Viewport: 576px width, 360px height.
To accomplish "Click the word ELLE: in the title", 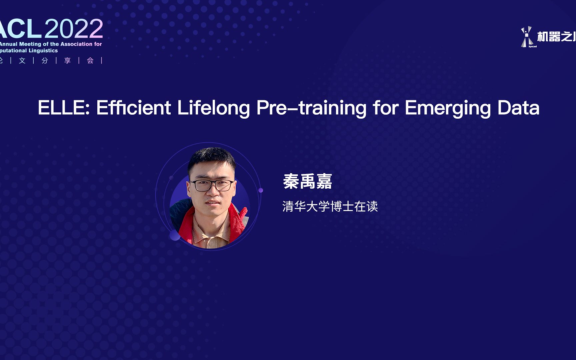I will pyautogui.click(x=64, y=108).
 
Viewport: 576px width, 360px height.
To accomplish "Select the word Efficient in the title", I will pyautogui.click(x=133, y=108).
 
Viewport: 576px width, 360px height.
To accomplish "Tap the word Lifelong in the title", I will pyautogui.click(x=213, y=108).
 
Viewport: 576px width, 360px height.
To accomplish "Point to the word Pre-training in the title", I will pyautogui.click(x=311, y=108).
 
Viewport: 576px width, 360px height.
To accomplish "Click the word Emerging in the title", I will pyautogui.click(x=448, y=108).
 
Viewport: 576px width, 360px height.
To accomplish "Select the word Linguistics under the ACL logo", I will pyautogui.click(x=43, y=51).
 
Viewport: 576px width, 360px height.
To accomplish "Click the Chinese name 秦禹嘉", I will pyautogui.click(x=307, y=182).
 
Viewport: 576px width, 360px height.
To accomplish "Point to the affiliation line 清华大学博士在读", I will pyautogui.click(x=330, y=206).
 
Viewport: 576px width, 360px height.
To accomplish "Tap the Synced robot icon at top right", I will pyautogui.click(x=527, y=37).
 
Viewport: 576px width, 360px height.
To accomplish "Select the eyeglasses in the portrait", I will pyautogui.click(x=212, y=185).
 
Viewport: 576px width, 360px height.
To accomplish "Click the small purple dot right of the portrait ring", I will pyautogui.click(x=261, y=190).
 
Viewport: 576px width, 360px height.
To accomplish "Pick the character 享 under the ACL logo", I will pyautogui.click(x=68, y=60).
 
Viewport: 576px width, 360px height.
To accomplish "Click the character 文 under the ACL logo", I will pyautogui.click(x=22, y=60).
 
